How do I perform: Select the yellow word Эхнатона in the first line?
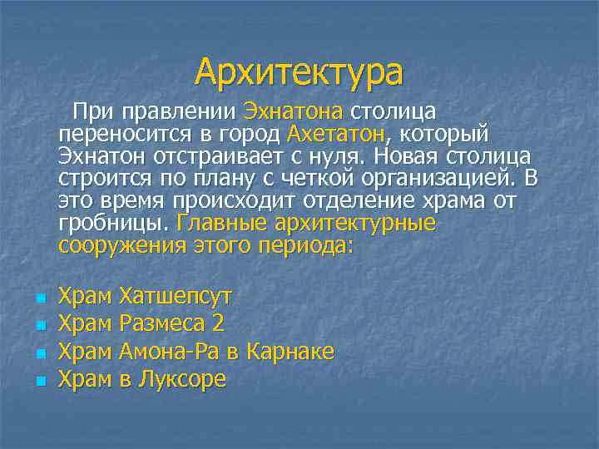[x=294, y=112]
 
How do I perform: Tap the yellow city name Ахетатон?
[x=335, y=135]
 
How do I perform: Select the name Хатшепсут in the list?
[x=176, y=296]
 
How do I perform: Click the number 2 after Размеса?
[x=218, y=323]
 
